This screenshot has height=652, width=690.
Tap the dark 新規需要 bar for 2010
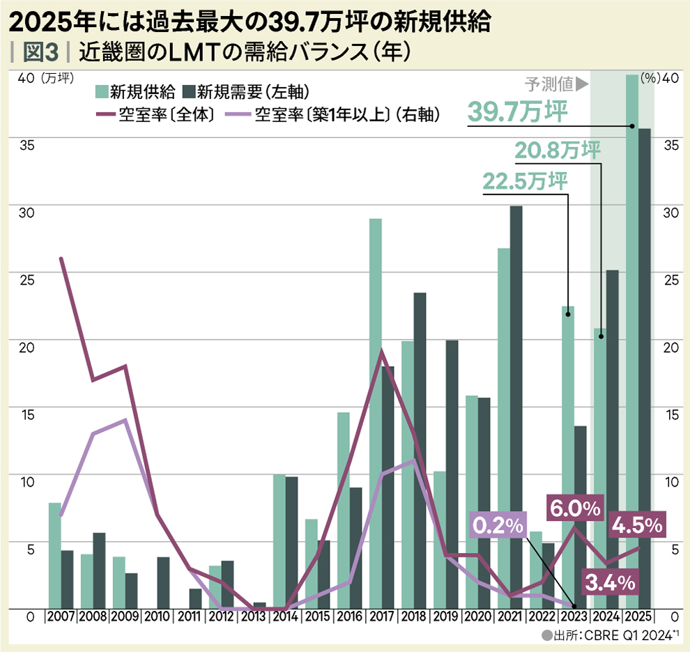pyautogui.click(x=162, y=582)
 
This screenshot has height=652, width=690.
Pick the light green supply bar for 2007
pyautogui.click(x=54, y=554)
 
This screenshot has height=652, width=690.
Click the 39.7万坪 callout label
pyautogui.click(x=517, y=112)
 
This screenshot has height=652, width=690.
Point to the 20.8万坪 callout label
pyautogui.click(x=558, y=149)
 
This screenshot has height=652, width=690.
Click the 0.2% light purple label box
pyautogui.click(x=498, y=526)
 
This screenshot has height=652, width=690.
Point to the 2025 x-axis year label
pyautogui.click(x=638, y=616)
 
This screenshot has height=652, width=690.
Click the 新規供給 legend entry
pyautogui.click(x=137, y=91)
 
